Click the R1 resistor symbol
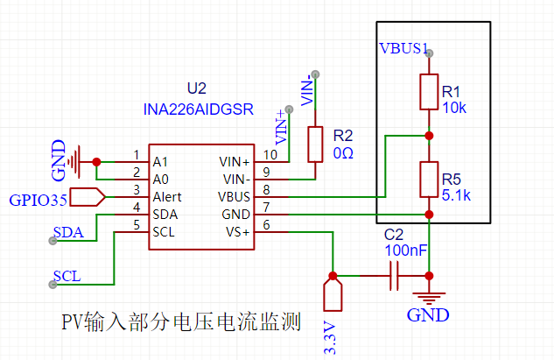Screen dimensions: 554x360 (x=429, y=92)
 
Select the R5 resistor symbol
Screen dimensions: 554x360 (x=429, y=180)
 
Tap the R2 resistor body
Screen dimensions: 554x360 (x=315, y=145)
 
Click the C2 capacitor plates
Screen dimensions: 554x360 (x=394, y=276)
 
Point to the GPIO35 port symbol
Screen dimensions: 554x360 (x=88, y=197)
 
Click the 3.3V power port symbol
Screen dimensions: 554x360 (x=333, y=294)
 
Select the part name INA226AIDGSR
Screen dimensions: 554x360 (x=198, y=109)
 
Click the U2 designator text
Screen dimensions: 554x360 (x=197, y=88)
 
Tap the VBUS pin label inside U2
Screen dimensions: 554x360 (x=234, y=197)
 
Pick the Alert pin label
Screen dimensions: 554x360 (x=167, y=197)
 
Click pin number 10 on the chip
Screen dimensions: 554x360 (x=270, y=155)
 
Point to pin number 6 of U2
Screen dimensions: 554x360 (x=266, y=225)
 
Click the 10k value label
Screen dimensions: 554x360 (x=454, y=108)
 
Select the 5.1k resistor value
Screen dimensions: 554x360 (x=456, y=195)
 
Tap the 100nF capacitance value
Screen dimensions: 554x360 (x=406, y=251)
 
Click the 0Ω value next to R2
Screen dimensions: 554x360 (x=343, y=153)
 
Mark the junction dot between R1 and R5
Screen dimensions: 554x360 (x=429, y=136)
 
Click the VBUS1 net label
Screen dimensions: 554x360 (x=403, y=48)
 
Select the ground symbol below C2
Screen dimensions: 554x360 (x=429, y=299)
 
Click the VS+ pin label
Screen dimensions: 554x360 (x=238, y=232)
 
